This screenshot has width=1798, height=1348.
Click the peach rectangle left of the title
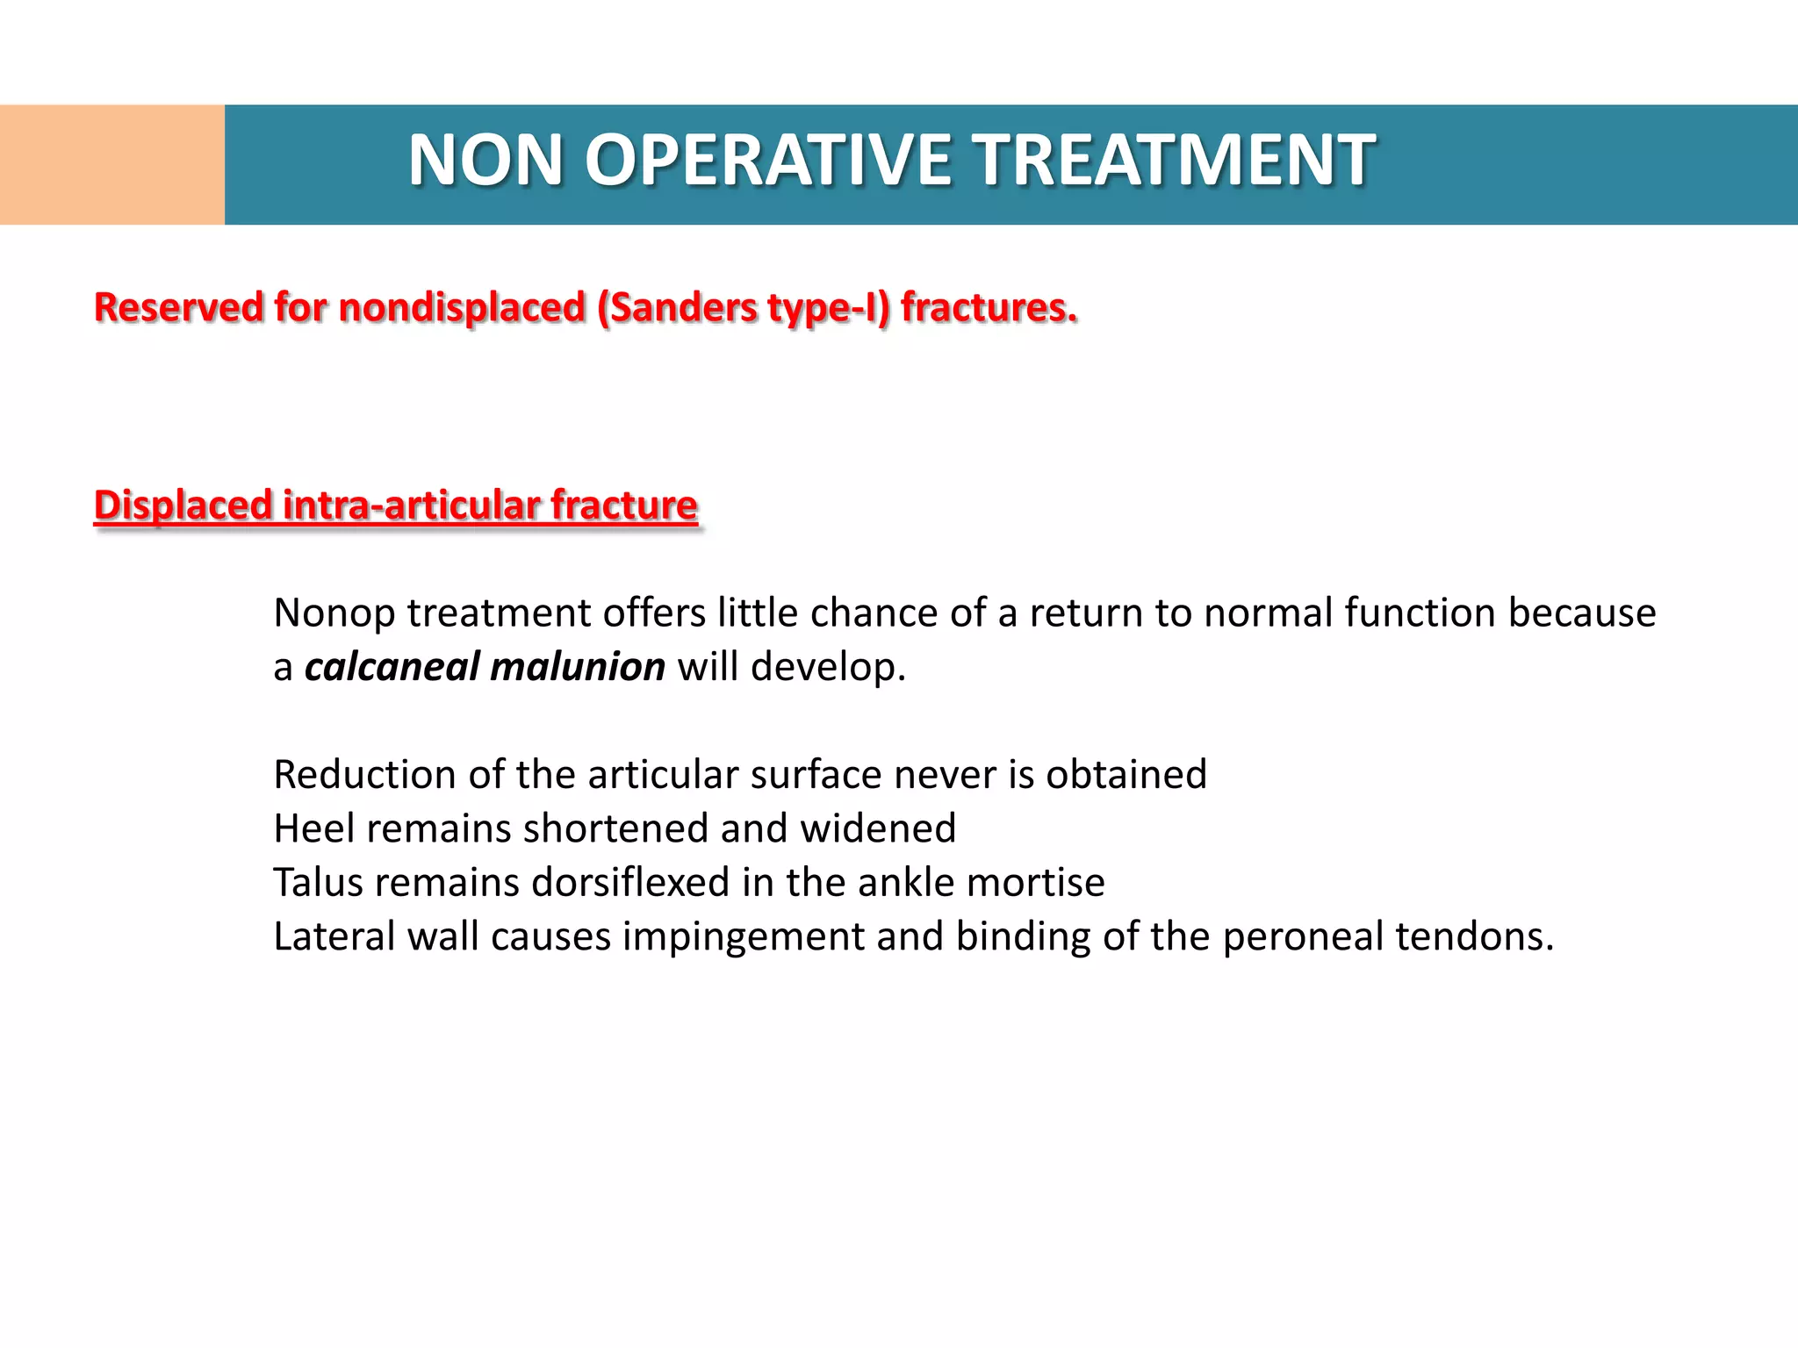(112, 165)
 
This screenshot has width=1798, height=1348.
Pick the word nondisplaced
(463, 308)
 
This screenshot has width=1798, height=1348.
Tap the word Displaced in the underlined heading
(183, 506)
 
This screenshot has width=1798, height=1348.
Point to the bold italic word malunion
(577, 668)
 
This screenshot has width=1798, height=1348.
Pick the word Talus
(318, 883)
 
